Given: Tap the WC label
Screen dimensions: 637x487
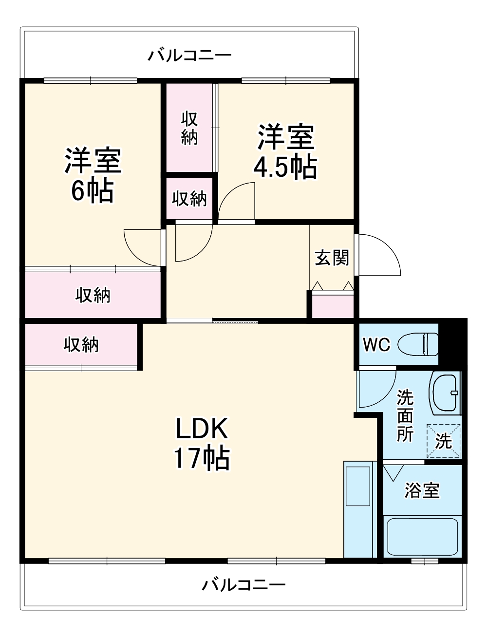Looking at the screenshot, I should click(x=376, y=345).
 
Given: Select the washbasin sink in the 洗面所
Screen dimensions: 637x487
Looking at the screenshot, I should click(x=445, y=393).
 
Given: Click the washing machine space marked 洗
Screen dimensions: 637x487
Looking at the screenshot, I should click(x=443, y=441).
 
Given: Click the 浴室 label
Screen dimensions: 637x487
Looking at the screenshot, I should click(x=422, y=490).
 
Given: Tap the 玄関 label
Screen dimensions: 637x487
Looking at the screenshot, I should click(x=332, y=257).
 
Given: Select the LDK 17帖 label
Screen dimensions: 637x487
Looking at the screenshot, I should click(x=202, y=443).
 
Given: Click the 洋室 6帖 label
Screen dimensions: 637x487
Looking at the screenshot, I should click(x=93, y=175).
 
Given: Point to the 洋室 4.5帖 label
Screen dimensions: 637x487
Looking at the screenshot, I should click(x=285, y=152).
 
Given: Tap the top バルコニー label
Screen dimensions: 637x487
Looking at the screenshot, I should click(x=189, y=55).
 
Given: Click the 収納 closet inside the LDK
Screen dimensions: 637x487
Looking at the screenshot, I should click(x=81, y=345).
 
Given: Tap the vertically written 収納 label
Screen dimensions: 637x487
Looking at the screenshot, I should click(x=189, y=128).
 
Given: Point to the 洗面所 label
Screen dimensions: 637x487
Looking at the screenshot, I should click(x=405, y=415).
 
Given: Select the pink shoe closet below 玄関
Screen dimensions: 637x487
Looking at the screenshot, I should click(x=333, y=306).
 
